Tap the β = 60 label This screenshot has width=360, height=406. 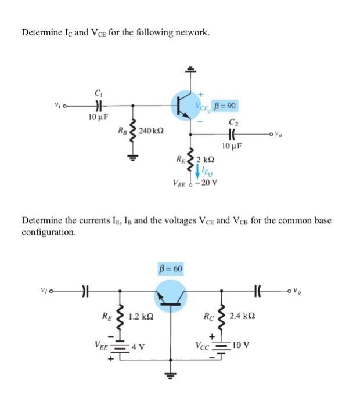[171, 269]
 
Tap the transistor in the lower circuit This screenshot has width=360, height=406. [171, 296]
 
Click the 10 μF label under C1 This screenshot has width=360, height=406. [96, 118]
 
